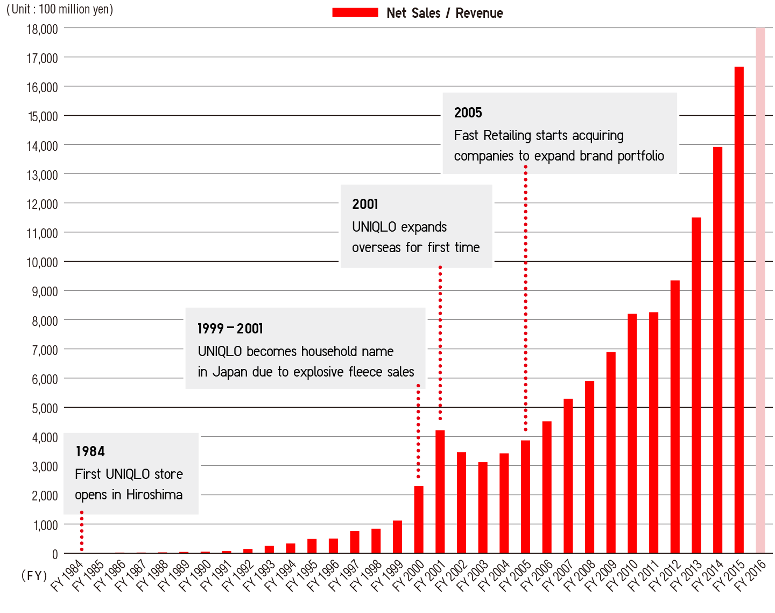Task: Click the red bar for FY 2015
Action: pyautogui.click(x=739, y=310)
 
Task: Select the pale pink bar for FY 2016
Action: pyautogui.click(x=760, y=291)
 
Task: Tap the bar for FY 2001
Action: pyautogui.click(x=440, y=491)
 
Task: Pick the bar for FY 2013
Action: pyautogui.click(x=696, y=385)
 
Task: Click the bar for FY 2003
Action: pyautogui.click(x=483, y=507)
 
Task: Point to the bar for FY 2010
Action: pyautogui.click(x=632, y=434)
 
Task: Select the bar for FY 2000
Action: pyautogui.click(x=419, y=519)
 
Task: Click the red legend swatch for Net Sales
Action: pyautogui.click(x=355, y=13)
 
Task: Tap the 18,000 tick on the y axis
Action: pyautogui.click(x=42, y=29)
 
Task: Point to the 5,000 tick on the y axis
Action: pyautogui.click(x=45, y=408)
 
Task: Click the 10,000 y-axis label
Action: pyautogui.click(x=42, y=262)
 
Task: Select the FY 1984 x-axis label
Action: pyautogui.click(x=67, y=575)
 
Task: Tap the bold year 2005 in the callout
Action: pyautogui.click(x=468, y=113)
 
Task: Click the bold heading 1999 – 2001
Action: pyautogui.click(x=230, y=329)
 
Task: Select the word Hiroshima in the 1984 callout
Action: pyautogui.click(x=154, y=494)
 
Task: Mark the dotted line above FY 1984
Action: pyautogui.click(x=82, y=531)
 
